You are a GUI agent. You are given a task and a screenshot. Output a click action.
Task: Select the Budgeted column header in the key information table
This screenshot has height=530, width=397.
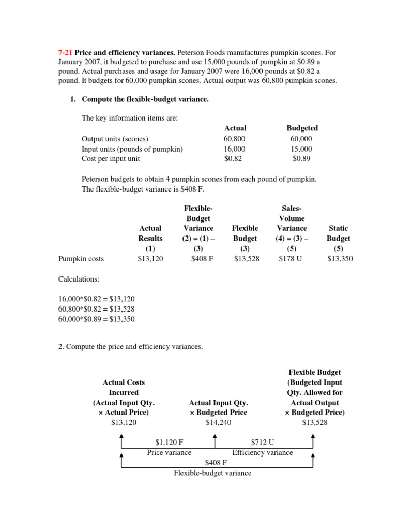point(302,128)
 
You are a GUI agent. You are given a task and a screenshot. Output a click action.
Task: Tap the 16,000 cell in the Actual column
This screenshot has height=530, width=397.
point(235,149)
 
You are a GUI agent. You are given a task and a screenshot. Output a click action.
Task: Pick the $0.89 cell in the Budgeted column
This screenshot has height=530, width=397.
point(302,159)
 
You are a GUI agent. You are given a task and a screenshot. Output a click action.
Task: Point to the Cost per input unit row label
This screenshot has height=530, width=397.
point(111,159)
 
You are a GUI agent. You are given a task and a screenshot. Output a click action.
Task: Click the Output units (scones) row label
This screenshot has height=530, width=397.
point(115,138)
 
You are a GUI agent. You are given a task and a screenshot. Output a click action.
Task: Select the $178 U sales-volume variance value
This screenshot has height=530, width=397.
point(292,258)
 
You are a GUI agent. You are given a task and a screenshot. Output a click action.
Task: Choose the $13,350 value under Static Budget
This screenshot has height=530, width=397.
point(340,258)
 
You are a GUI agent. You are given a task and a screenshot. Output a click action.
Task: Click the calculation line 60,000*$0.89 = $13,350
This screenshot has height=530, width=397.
point(96,319)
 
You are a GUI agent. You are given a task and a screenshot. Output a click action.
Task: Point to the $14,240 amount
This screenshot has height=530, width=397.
point(218,422)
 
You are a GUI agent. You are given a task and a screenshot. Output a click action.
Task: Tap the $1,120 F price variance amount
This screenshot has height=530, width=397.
point(170,442)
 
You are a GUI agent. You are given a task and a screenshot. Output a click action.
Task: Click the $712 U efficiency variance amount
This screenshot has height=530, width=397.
point(263,442)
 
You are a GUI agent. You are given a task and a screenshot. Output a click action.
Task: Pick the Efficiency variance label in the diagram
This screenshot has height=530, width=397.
point(263,452)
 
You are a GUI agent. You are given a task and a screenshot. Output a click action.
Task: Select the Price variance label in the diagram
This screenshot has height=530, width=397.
point(169,452)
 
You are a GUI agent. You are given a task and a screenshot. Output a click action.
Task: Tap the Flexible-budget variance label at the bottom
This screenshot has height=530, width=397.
point(212,473)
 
